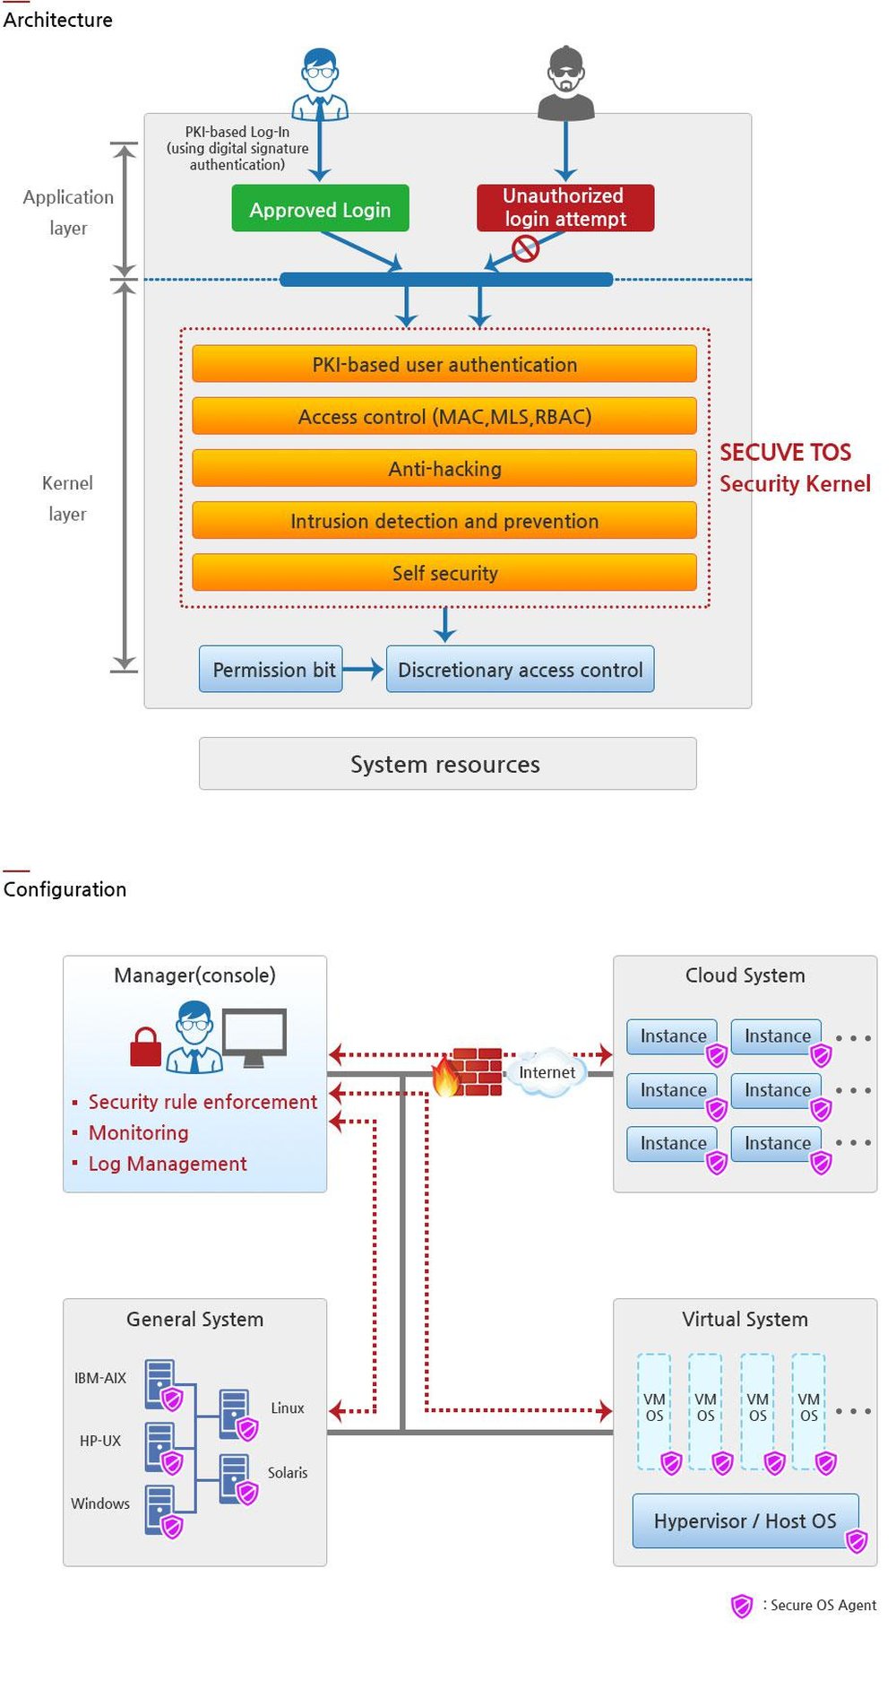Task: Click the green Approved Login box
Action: (x=320, y=209)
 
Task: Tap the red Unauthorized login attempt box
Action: (x=564, y=207)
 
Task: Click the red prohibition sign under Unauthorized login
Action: (x=525, y=248)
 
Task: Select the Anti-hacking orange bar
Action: (x=444, y=469)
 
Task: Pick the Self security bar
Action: (x=444, y=573)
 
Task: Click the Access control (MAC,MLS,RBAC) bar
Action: (x=444, y=417)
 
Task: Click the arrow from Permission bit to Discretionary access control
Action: (x=364, y=670)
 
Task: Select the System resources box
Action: (x=446, y=764)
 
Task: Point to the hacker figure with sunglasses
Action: (x=565, y=84)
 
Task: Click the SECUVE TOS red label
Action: (x=785, y=452)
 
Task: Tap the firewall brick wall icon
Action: (x=475, y=1071)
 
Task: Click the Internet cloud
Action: (x=547, y=1072)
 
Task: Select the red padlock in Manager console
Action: (x=145, y=1048)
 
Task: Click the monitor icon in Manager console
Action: (x=254, y=1035)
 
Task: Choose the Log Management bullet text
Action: (x=167, y=1164)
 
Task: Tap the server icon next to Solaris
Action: (x=235, y=1476)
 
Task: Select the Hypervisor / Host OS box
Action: (x=744, y=1520)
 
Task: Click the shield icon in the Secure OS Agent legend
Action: (x=741, y=1606)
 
